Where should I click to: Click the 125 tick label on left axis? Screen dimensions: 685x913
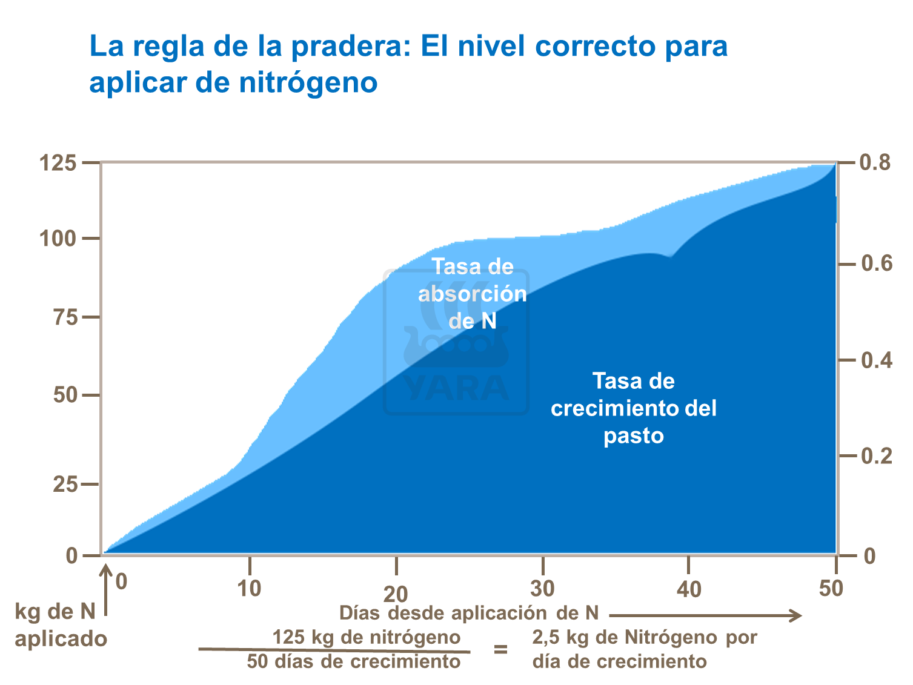point(58,164)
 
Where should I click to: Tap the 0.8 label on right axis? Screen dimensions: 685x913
point(875,163)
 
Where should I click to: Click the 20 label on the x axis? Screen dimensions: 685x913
point(396,594)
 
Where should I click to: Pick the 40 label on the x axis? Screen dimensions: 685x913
point(689,589)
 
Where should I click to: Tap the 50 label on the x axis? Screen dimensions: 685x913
point(831,588)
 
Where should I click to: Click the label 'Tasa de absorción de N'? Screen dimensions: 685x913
point(472,294)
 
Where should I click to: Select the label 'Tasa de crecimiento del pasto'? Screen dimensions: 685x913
point(633,408)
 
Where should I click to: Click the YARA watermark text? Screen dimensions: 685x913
point(456,388)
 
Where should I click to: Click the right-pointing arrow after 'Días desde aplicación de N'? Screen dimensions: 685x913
point(705,616)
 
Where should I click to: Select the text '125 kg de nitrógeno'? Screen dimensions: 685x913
point(366,637)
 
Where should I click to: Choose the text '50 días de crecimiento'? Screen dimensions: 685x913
point(354,661)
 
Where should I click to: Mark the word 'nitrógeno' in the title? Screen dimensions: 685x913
point(308,82)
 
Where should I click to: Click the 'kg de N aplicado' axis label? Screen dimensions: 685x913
point(60,625)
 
